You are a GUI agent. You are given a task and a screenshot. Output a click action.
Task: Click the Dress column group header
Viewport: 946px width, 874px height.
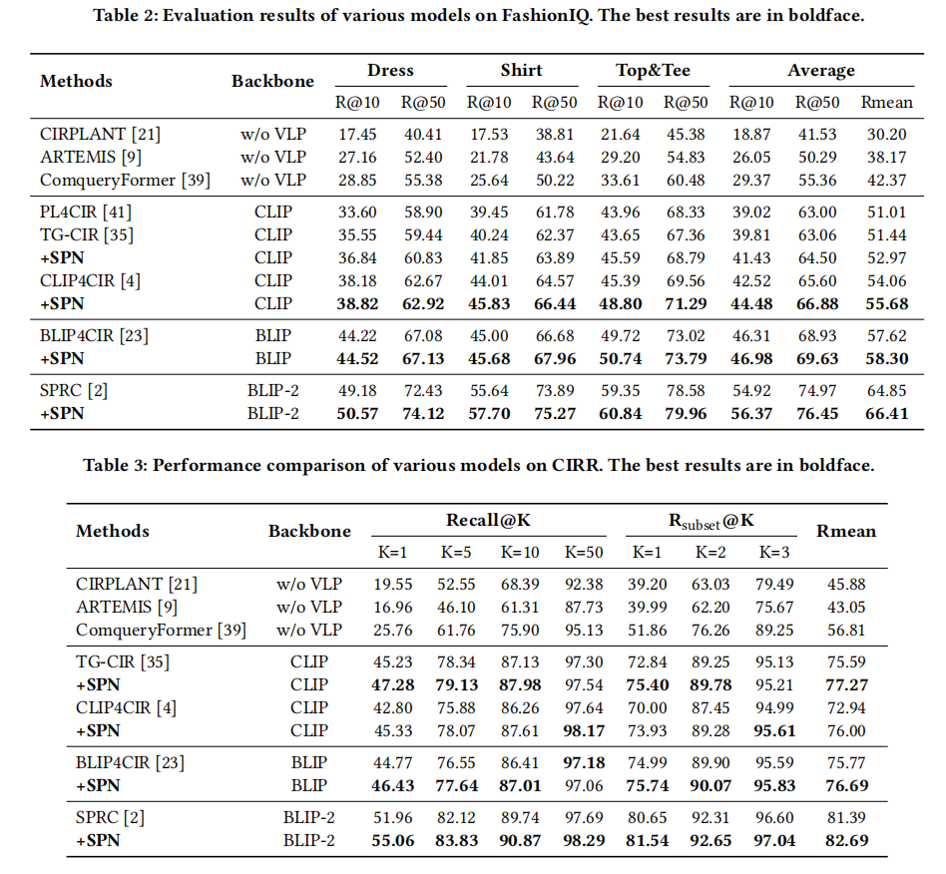[390, 71]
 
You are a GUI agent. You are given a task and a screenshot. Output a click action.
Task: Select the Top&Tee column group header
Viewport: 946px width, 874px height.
[653, 71]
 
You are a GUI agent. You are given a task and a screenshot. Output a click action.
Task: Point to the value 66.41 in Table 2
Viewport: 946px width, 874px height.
[884, 413]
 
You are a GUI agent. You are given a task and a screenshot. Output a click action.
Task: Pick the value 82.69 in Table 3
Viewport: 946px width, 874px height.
[845, 841]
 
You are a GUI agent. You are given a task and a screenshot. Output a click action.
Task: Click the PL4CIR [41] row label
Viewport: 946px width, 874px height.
[85, 212]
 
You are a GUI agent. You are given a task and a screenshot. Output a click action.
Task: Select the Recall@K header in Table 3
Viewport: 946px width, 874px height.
[489, 521]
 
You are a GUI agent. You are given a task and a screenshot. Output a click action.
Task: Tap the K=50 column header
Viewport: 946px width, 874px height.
[585, 552]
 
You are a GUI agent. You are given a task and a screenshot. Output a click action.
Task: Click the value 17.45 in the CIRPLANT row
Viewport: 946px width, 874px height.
[357, 134]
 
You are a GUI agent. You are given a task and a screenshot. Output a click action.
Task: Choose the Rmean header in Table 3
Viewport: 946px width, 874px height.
[845, 531]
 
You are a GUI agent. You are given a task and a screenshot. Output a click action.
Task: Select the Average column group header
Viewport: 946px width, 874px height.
[820, 71]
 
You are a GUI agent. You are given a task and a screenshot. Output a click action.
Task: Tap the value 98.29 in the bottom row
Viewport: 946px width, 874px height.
[585, 841]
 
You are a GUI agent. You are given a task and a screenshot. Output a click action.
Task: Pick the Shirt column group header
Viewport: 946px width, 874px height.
[521, 71]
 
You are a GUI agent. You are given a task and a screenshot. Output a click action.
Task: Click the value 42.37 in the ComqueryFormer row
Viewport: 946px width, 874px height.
[884, 180]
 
